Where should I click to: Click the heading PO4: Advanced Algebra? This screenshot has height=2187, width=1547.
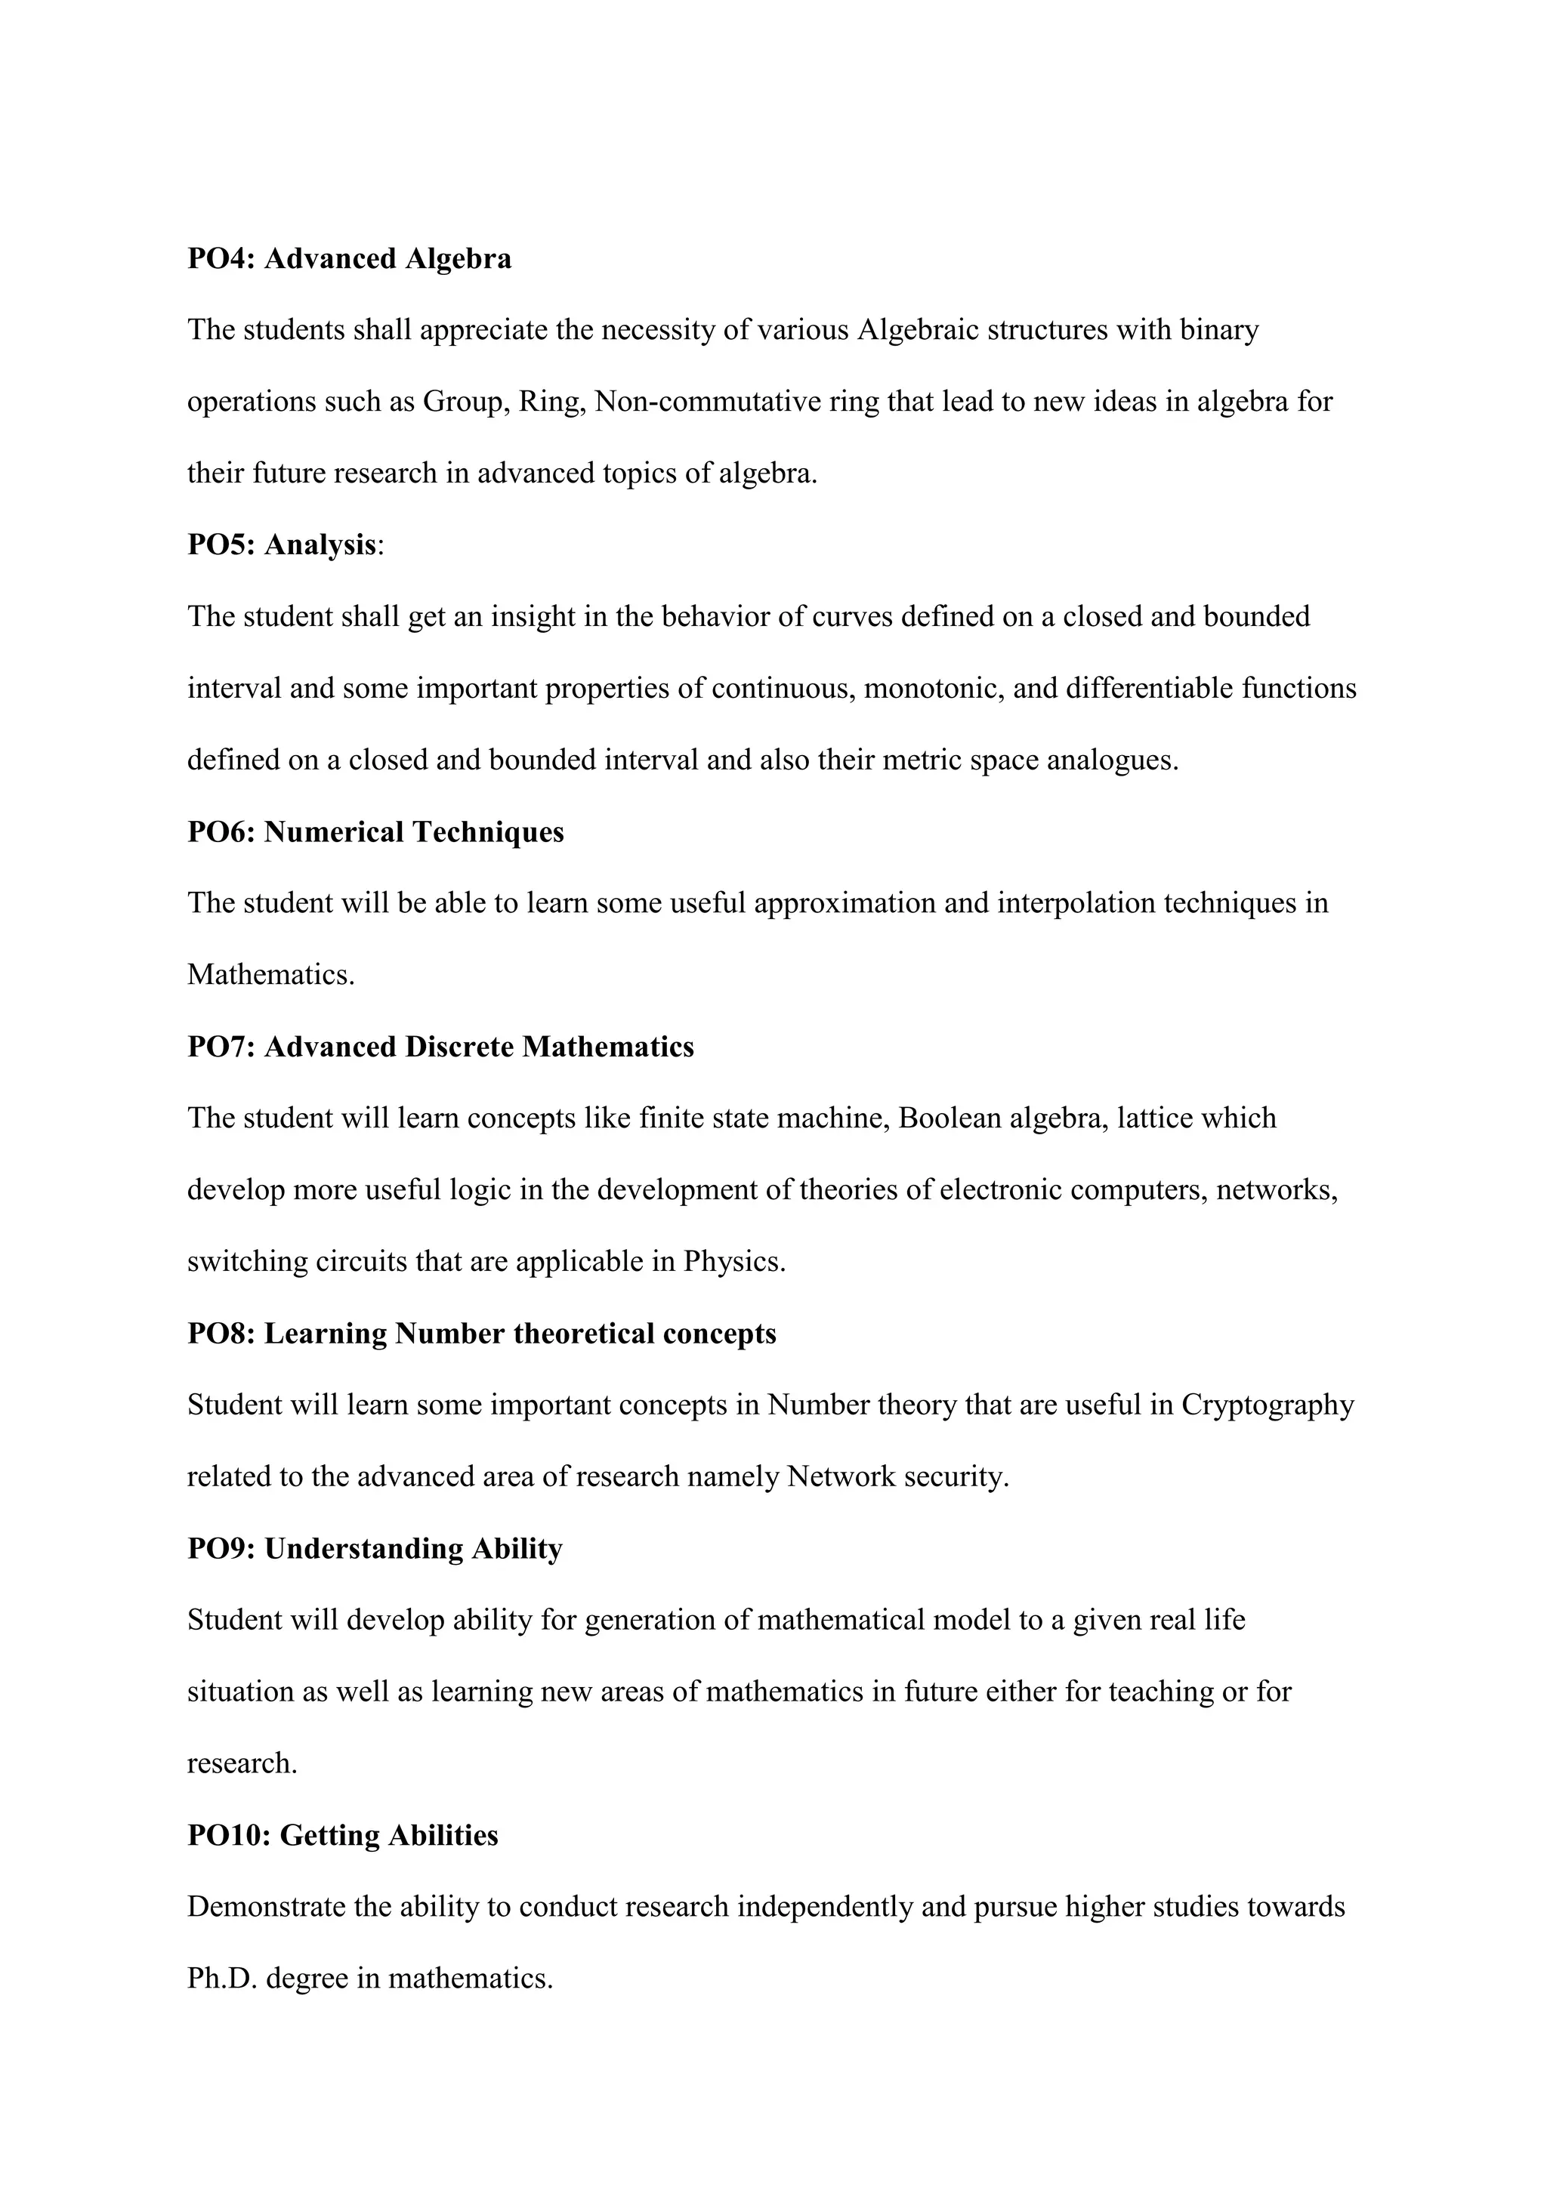click(x=349, y=259)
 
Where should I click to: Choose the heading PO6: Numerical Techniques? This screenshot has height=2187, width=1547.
click(x=375, y=831)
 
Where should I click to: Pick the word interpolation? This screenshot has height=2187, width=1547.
click(x=1076, y=903)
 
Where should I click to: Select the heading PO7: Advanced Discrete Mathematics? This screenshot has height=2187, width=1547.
click(x=440, y=1047)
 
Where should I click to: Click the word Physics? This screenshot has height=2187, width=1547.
click(x=734, y=1261)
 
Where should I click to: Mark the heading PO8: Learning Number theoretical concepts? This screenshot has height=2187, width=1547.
click(x=481, y=1334)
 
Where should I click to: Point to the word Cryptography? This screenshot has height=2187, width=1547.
click(x=1268, y=1405)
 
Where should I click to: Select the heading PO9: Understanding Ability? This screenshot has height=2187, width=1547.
click(x=375, y=1549)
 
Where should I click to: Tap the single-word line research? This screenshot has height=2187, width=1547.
click(x=242, y=1763)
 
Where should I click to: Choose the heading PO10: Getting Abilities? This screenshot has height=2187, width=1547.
click(x=342, y=1836)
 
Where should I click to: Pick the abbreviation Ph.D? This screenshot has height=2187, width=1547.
click(x=222, y=1979)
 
